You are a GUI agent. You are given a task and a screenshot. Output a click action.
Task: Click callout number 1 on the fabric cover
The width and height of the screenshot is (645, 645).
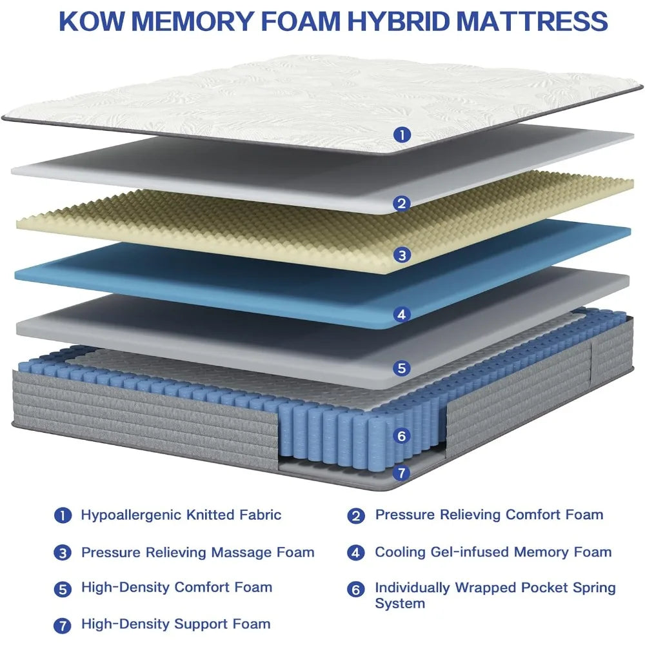click(402, 135)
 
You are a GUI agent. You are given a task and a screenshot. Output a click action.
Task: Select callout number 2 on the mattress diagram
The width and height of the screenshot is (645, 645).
click(402, 204)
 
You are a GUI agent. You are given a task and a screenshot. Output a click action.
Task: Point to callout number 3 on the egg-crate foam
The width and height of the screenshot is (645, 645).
click(402, 255)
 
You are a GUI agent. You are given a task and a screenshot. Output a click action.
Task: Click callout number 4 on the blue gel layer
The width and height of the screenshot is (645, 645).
click(402, 315)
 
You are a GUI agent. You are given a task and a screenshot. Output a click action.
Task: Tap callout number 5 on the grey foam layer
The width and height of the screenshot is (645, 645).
click(402, 368)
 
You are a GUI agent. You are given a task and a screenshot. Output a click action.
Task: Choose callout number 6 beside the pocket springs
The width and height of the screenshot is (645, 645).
click(402, 436)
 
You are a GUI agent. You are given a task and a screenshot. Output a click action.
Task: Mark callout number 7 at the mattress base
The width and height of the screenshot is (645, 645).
click(402, 473)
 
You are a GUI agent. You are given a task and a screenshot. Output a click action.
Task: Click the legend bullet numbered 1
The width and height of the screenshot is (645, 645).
click(63, 515)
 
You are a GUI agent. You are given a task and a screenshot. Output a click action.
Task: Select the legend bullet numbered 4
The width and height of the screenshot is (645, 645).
click(357, 553)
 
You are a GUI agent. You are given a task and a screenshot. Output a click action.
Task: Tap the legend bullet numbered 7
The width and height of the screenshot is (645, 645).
click(63, 624)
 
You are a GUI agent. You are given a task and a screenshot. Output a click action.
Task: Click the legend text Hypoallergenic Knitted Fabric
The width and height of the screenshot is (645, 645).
click(181, 515)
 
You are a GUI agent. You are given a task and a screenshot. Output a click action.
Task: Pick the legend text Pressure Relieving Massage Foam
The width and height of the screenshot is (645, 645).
click(197, 552)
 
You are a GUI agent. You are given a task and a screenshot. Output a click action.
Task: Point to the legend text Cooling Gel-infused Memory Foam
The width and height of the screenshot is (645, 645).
click(493, 552)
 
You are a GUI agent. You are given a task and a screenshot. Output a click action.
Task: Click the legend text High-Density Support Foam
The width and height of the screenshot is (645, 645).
click(175, 624)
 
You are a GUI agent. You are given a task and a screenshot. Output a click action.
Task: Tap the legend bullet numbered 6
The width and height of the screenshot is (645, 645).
click(357, 590)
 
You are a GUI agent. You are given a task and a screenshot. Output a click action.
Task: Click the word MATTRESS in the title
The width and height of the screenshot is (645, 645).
click(533, 21)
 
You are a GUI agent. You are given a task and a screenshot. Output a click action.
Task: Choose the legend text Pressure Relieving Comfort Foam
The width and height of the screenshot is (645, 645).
click(489, 515)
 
